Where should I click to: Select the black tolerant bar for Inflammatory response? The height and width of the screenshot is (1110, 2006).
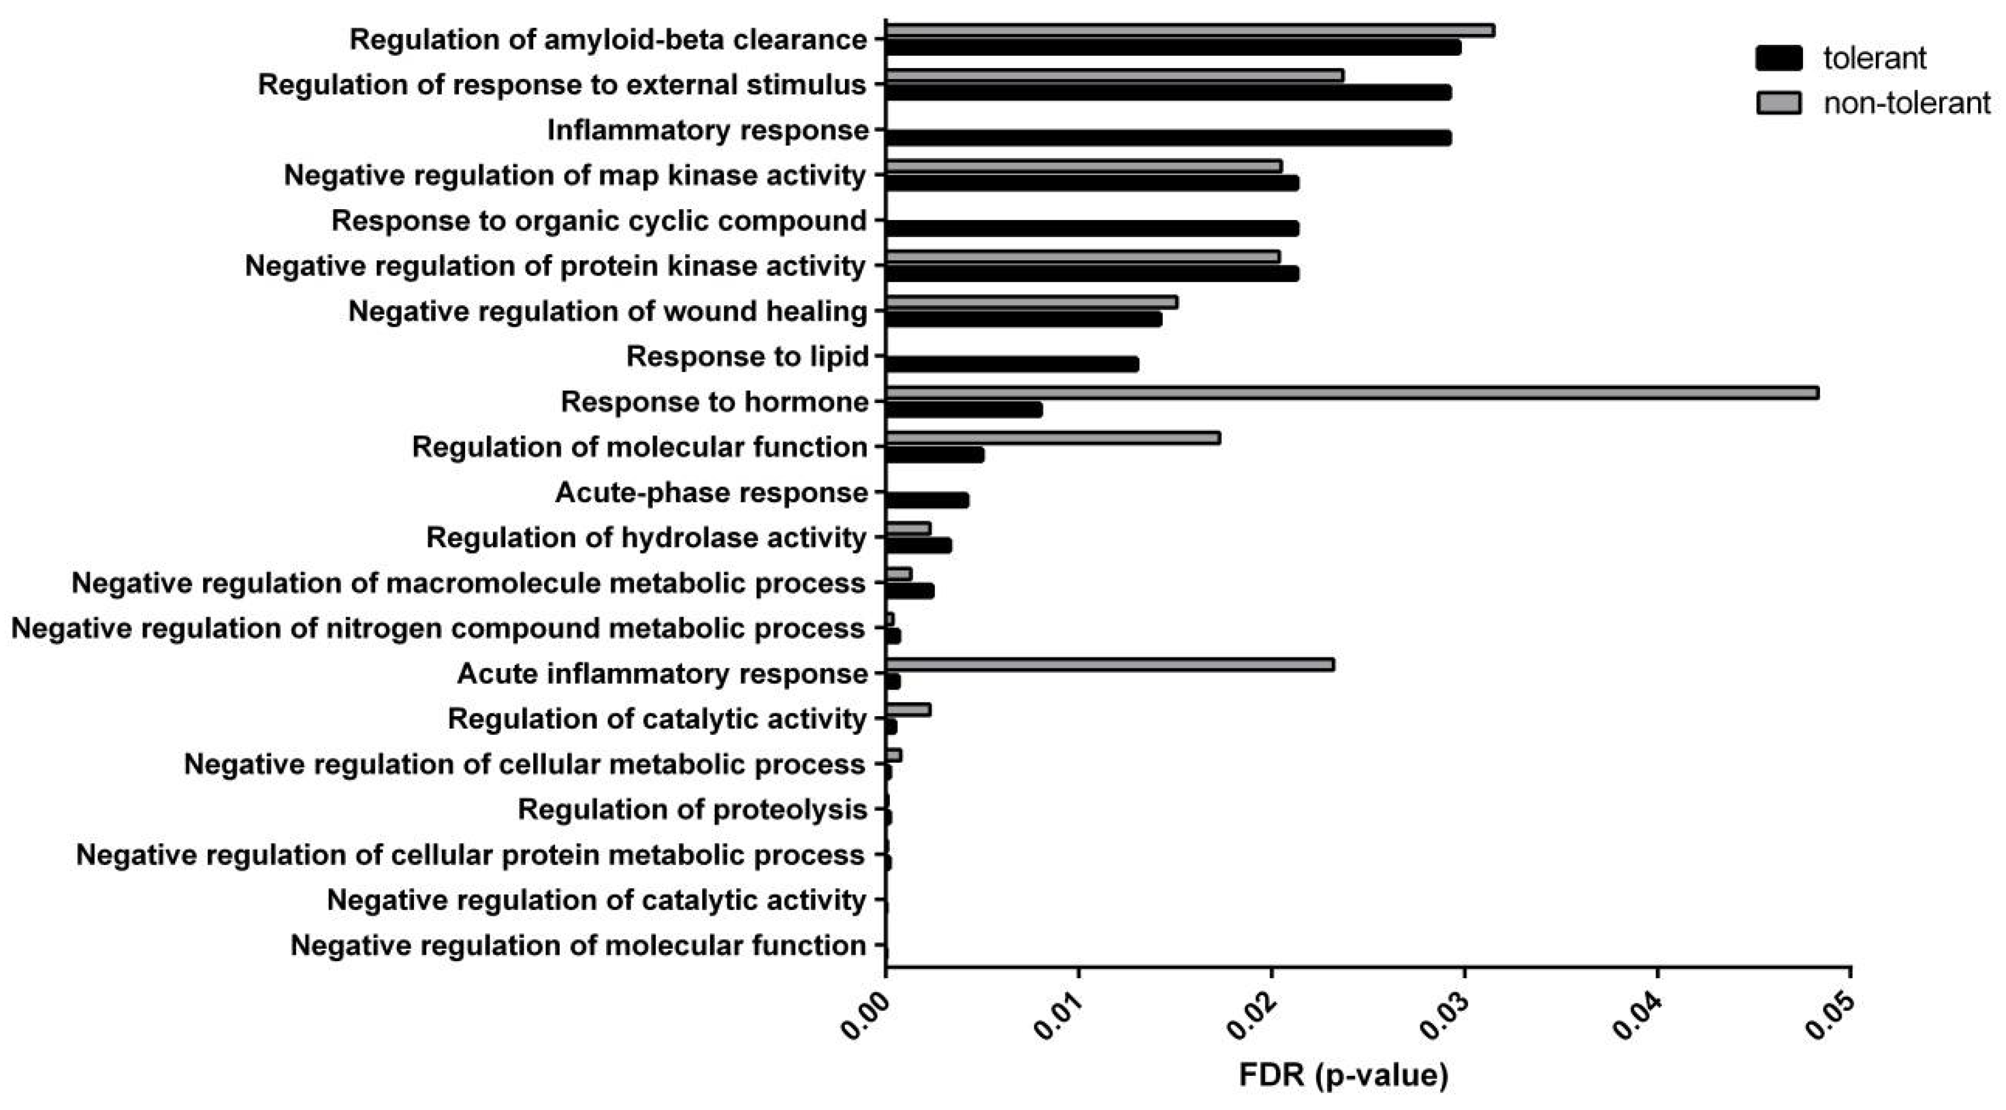point(1168,138)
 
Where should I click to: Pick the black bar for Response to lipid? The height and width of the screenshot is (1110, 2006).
point(1012,364)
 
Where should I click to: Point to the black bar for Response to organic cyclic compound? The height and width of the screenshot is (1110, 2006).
point(1092,228)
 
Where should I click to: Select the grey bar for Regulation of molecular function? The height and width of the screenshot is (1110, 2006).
point(1053,438)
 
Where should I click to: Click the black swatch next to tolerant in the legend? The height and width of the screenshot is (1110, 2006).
point(1779,59)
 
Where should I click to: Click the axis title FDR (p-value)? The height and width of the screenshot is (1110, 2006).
point(1343,1075)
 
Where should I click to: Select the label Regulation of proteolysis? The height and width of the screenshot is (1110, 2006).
point(693,809)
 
